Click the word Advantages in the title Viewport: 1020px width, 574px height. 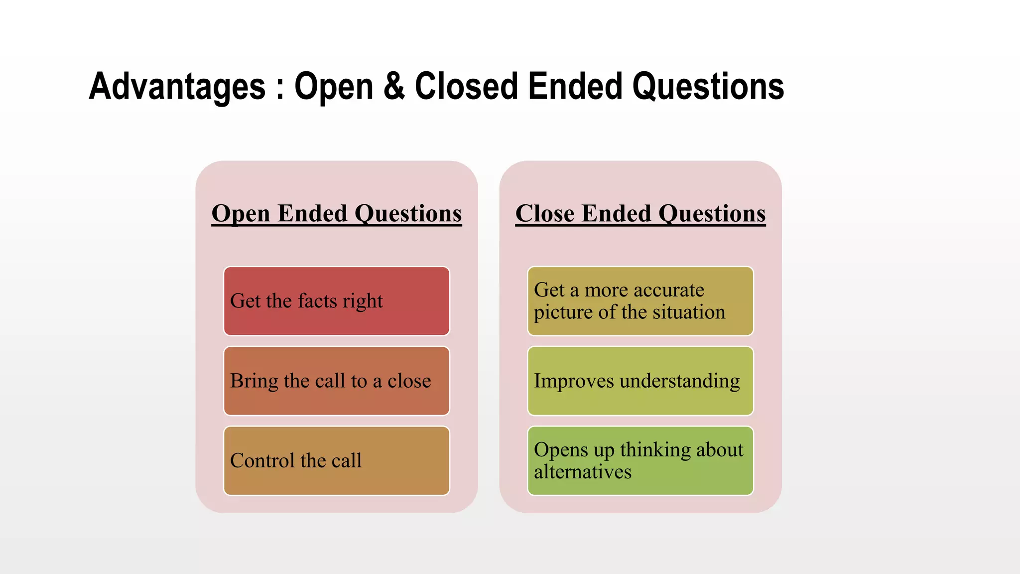(x=177, y=87)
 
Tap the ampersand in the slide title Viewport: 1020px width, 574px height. (x=394, y=87)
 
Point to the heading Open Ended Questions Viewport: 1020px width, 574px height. (x=337, y=213)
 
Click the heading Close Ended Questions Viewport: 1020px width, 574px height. (x=640, y=213)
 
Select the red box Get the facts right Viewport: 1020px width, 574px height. (x=337, y=301)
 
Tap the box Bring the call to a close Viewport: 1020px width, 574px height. (x=337, y=381)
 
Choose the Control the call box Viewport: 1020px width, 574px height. (x=337, y=460)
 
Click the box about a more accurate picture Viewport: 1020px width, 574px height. (x=640, y=301)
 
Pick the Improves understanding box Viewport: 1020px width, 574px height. (x=640, y=381)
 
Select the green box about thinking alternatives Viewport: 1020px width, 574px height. (x=640, y=460)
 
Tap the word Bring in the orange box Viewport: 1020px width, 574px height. (x=254, y=381)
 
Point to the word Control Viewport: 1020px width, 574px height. (x=262, y=460)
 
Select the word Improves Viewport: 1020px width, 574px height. (x=574, y=381)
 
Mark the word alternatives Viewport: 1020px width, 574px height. (x=583, y=472)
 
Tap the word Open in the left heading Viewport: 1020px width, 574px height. (x=241, y=214)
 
